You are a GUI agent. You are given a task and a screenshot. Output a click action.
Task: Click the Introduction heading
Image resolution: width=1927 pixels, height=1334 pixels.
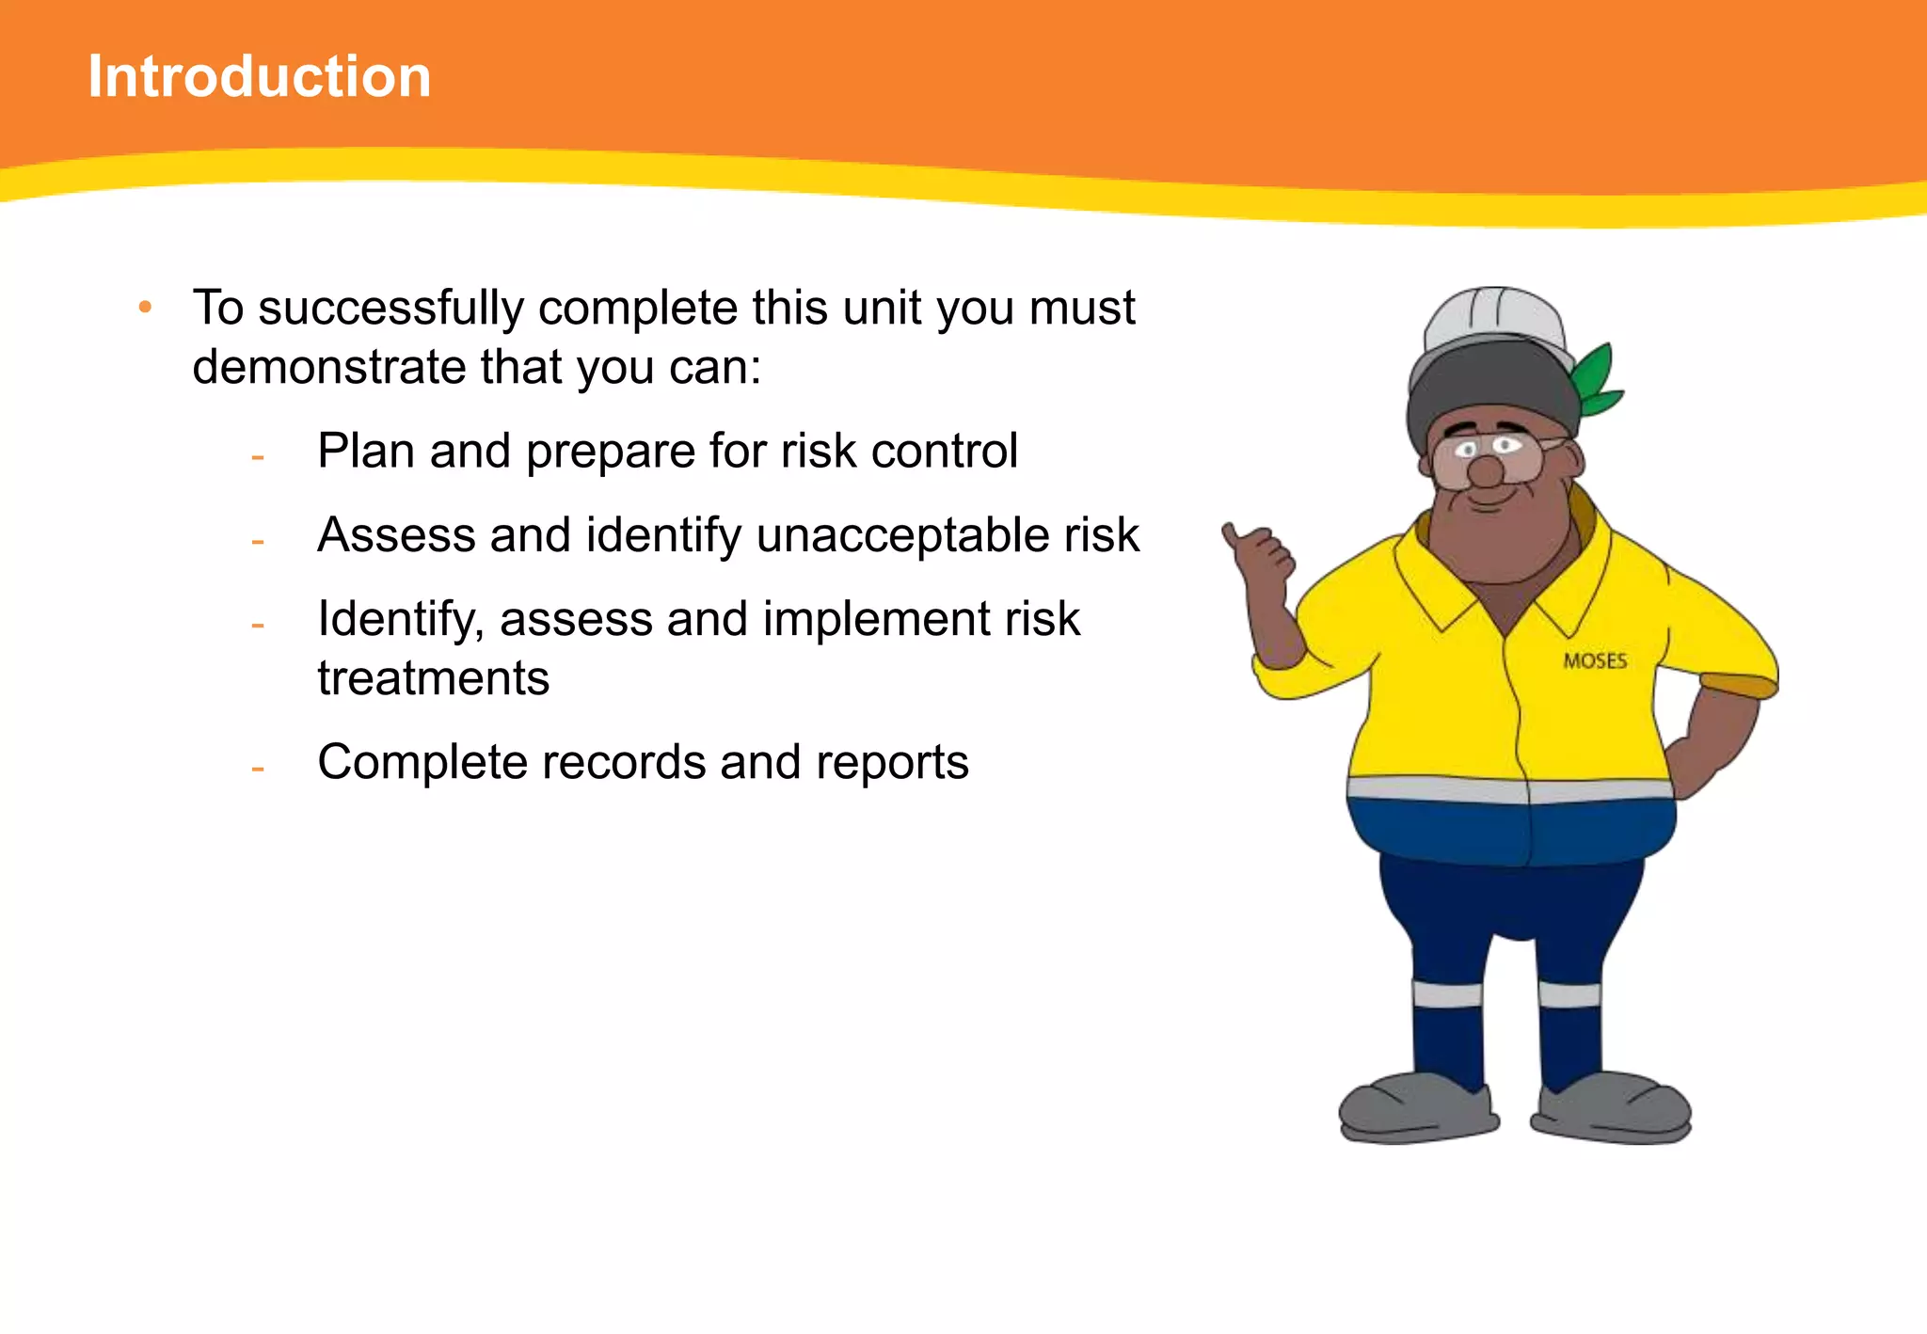tap(259, 76)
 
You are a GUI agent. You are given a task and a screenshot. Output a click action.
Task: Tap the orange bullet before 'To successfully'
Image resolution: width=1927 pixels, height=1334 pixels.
tap(144, 307)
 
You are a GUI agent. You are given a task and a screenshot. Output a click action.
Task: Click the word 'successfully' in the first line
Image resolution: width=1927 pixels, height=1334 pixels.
tap(390, 309)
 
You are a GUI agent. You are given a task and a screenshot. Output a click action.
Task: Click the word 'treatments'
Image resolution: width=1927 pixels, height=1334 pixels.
tap(433, 678)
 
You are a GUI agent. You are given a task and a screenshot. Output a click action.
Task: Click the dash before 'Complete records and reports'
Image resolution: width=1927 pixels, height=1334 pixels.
tap(257, 770)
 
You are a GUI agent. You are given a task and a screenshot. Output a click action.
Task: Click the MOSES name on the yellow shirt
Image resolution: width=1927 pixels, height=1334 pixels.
tap(1595, 661)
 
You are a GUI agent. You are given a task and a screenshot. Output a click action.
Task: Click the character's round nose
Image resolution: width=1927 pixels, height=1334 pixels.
tap(1486, 471)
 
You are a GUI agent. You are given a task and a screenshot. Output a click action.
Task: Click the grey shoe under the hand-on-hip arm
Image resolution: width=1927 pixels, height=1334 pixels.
tap(1614, 1110)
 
